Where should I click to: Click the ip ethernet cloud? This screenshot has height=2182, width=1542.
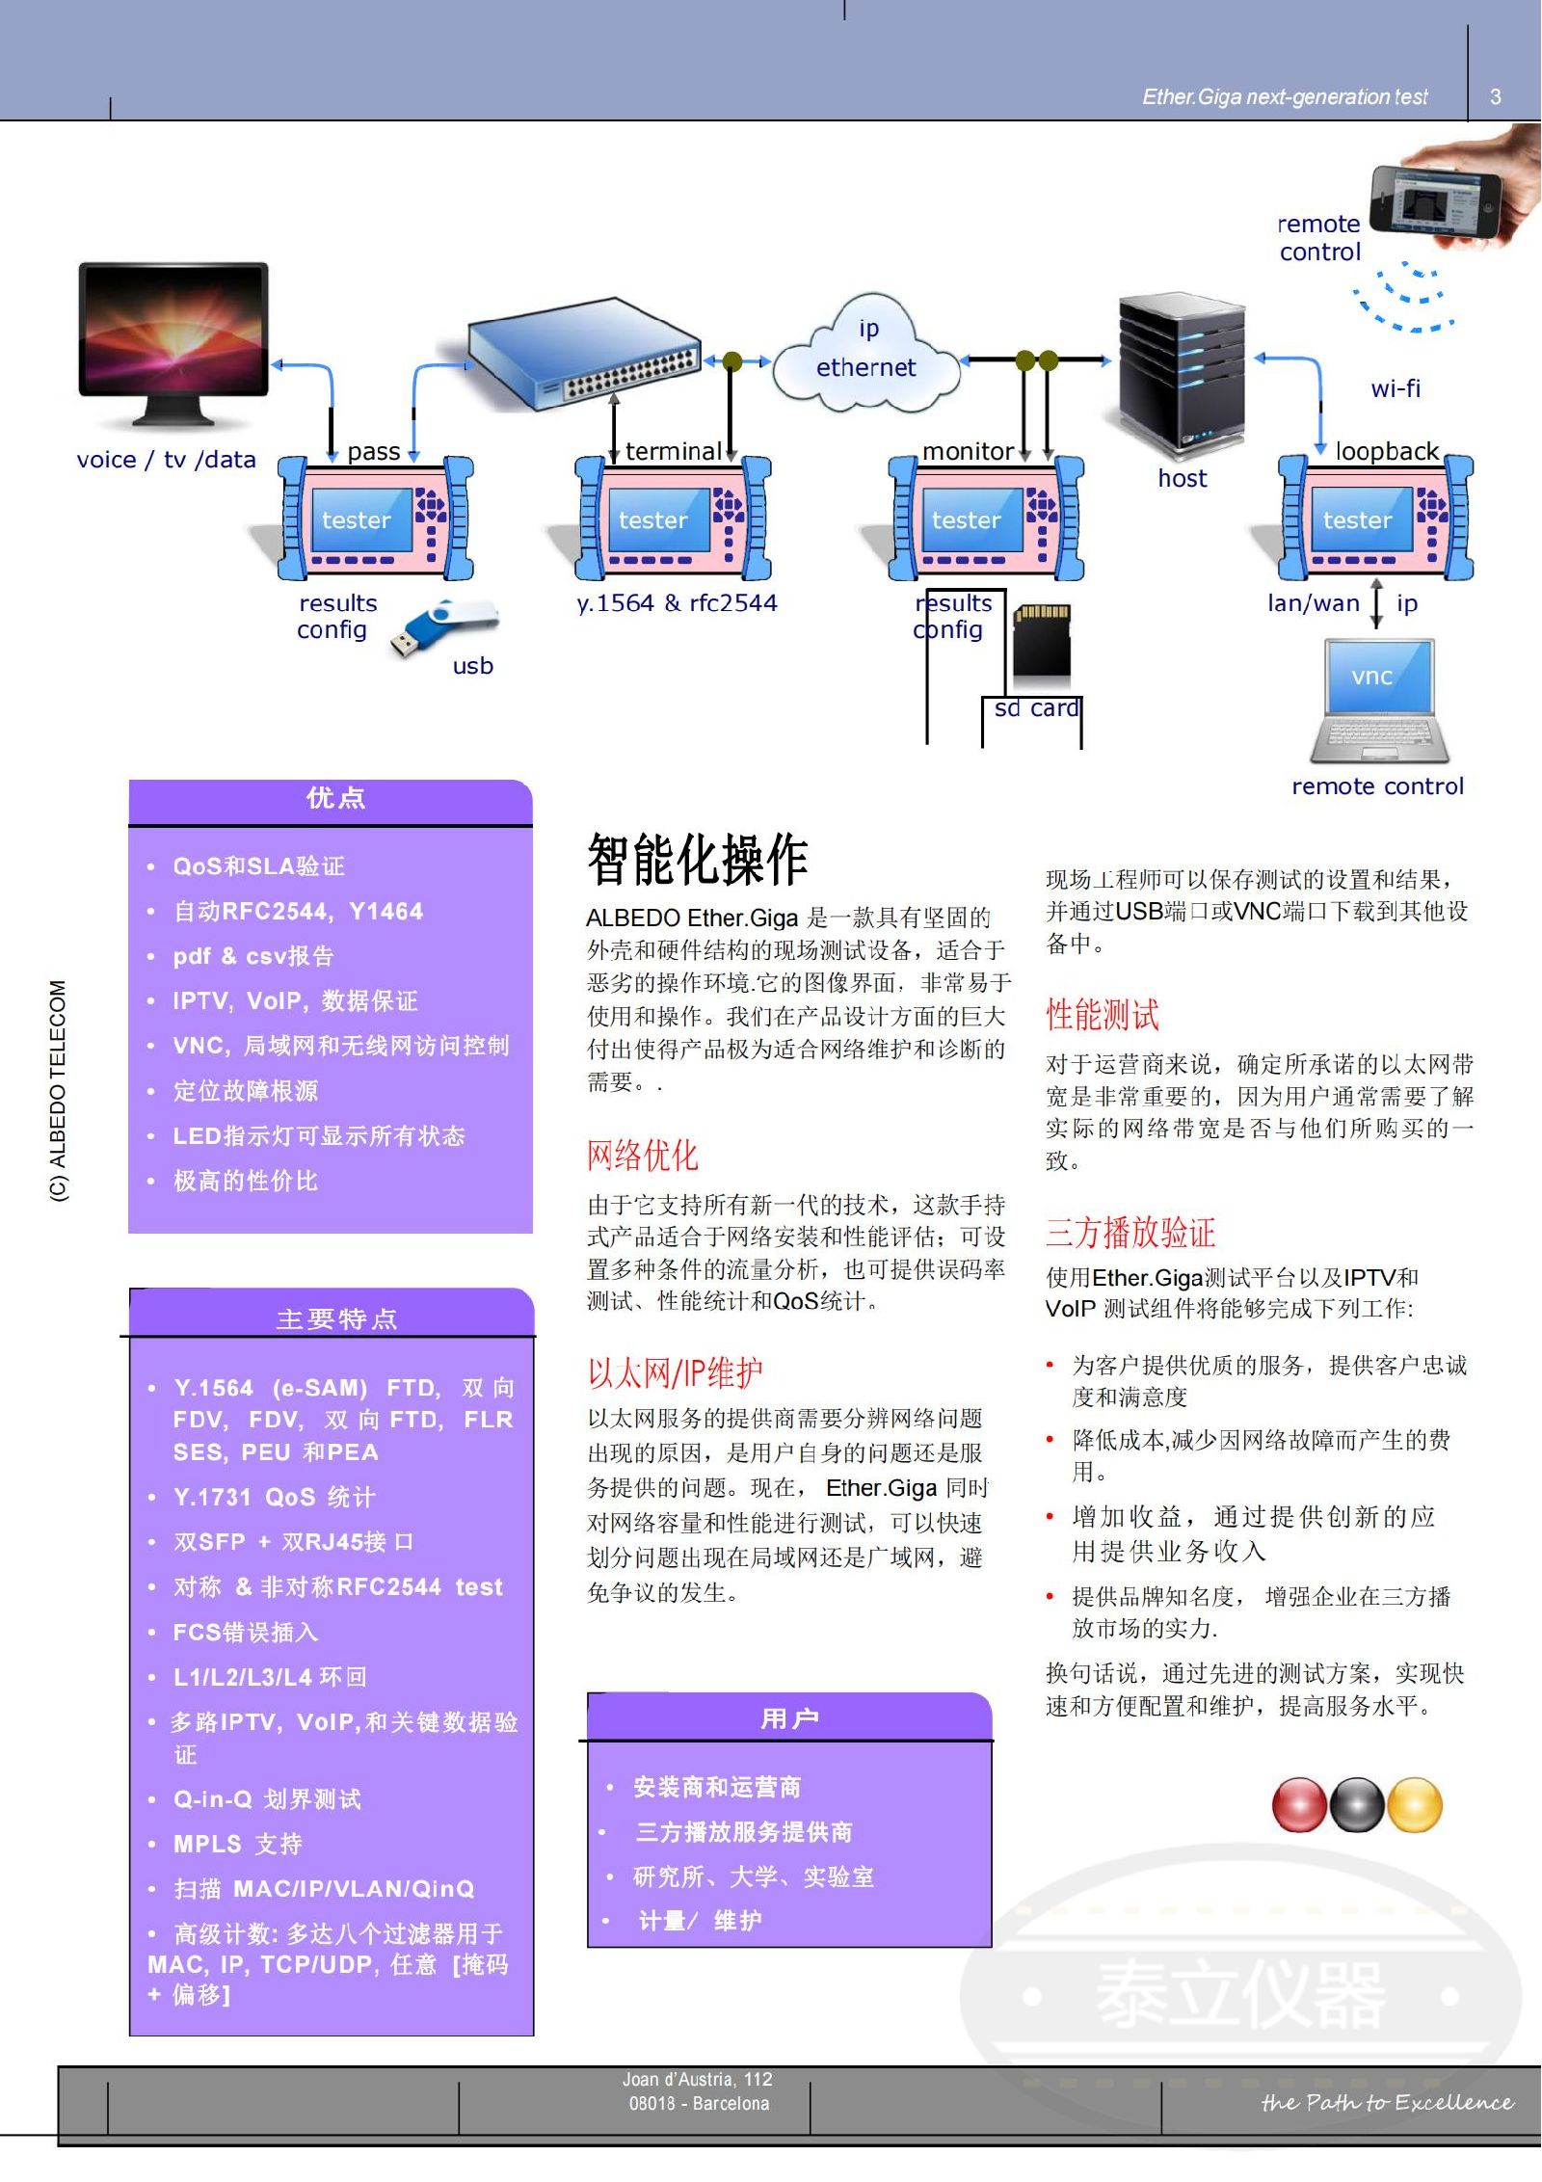pyautogui.click(x=866, y=353)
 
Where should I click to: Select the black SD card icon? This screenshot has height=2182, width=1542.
pyautogui.click(x=1042, y=640)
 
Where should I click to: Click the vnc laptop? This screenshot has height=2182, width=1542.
pyautogui.click(x=1378, y=700)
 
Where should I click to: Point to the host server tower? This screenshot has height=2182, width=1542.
pyautogui.click(x=1182, y=375)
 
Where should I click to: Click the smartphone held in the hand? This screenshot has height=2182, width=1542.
pyautogui.click(x=1436, y=200)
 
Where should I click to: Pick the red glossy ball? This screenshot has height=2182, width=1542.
pyautogui.click(x=1299, y=1805)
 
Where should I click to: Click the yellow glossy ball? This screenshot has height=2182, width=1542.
pyautogui.click(x=1414, y=1805)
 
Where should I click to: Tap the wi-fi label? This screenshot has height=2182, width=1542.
pyautogui.click(x=1396, y=388)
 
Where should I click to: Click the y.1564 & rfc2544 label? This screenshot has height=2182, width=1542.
pyautogui.click(x=677, y=603)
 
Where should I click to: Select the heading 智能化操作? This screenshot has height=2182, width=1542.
pyautogui.click(x=698, y=859)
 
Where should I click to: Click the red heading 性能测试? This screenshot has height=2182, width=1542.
pyautogui.click(x=1103, y=1014)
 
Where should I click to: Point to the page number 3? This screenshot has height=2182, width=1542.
pyautogui.click(x=1495, y=96)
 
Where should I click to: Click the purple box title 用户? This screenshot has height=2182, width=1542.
pyautogui.click(x=789, y=1717)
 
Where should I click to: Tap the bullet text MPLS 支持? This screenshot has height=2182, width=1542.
pyautogui.click(x=237, y=1844)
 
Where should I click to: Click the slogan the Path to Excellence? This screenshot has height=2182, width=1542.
pyautogui.click(x=1387, y=2102)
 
